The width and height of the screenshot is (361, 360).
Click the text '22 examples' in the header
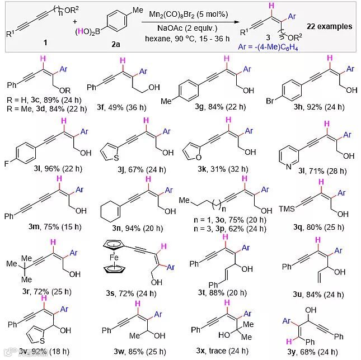[x=330, y=26]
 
